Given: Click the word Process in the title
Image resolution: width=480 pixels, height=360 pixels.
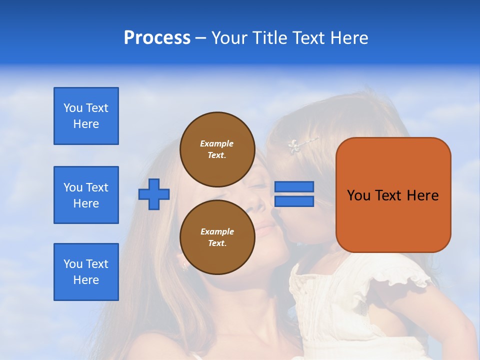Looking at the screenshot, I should point(157,38).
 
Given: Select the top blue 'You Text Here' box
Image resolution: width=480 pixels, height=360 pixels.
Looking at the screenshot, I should point(86,116).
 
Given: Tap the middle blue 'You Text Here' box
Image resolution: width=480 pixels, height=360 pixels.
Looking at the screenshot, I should point(86,195).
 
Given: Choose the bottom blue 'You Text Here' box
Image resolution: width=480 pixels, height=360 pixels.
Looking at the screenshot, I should point(86,272).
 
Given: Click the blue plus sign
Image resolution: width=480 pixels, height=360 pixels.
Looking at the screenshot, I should point(154,194).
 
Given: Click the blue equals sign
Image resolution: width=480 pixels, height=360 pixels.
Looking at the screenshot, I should point(294,194).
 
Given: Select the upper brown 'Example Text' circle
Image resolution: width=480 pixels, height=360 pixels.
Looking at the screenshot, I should point(216,149).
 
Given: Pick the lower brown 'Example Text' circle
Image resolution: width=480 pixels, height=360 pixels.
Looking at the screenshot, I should point(216,237).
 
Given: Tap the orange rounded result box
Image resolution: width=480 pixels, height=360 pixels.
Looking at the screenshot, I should point(393,195).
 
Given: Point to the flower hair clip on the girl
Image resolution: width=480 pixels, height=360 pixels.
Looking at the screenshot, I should point(294,145).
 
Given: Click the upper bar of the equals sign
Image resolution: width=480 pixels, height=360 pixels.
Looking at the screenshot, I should point(294,186).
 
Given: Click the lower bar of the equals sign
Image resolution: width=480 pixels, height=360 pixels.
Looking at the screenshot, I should point(294,201).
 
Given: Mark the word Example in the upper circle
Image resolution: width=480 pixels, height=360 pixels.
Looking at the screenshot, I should point(216,143).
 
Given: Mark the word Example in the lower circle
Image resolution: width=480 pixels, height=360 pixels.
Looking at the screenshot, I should point(217,231).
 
